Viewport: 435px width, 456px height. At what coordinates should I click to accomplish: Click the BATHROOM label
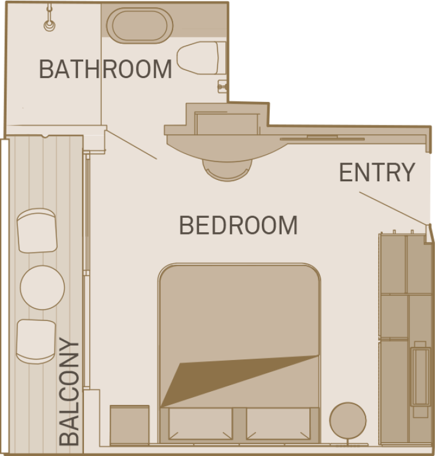coord(105,69)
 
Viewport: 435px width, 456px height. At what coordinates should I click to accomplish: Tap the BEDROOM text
coord(238,226)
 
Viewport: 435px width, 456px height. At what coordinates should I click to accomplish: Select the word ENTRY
coord(377,173)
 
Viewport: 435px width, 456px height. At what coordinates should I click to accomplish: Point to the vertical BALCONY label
coord(70,392)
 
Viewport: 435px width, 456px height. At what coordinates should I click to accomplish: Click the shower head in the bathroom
coord(49,25)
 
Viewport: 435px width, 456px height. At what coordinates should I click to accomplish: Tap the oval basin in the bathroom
coord(140,25)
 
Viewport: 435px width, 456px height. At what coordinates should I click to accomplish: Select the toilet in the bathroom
coord(201,59)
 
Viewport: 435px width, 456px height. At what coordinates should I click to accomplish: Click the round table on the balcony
coord(42,287)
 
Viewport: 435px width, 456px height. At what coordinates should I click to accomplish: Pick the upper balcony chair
coord(37,230)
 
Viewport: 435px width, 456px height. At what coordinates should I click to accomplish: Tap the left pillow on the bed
coord(200,424)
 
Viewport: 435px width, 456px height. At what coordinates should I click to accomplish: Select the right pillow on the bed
coord(277,424)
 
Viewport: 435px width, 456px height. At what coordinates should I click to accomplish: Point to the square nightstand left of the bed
coord(129,425)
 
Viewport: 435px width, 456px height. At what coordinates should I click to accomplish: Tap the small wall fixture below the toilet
coord(222,86)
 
